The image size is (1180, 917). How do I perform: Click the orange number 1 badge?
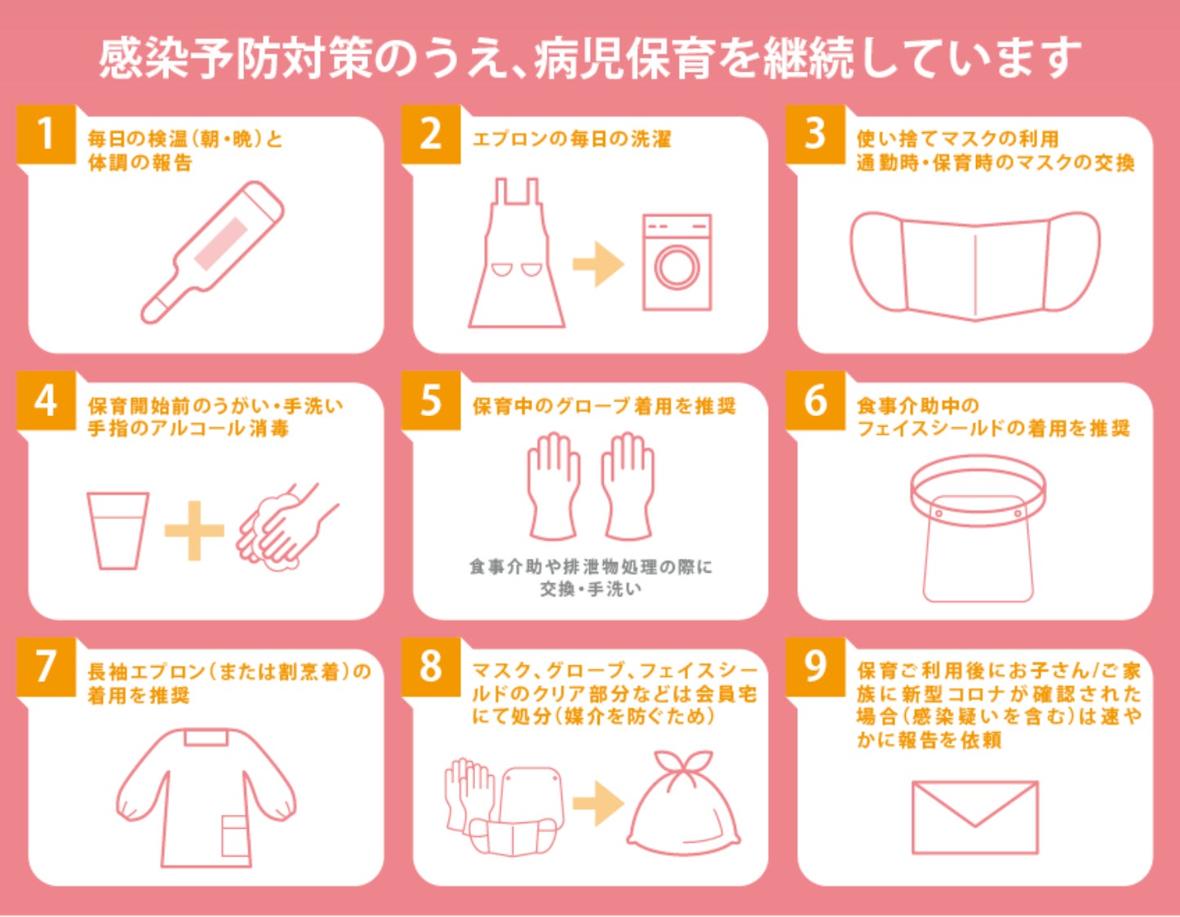[x=46, y=134]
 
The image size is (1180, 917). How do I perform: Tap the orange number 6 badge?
[x=815, y=400]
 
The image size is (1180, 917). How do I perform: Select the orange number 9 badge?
[x=815, y=667]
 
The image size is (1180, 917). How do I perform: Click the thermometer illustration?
[x=213, y=252]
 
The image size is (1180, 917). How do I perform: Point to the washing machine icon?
[x=677, y=262]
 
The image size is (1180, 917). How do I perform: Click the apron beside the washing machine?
[x=516, y=253]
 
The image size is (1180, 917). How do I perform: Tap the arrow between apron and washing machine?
[x=598, y=264]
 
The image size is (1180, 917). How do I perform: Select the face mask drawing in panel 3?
[x=975, y=265]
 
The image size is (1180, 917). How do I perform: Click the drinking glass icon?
[x=118, y=530]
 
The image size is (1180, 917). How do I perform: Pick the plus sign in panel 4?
[x=194, y=530]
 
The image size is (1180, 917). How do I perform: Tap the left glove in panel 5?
[x=553, y=485]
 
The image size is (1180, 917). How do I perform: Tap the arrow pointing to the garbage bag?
[x=598, y=804]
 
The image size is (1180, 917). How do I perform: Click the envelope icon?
[x=975, y=817]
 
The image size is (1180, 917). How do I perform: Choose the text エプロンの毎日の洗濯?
[x=571, y=140]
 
